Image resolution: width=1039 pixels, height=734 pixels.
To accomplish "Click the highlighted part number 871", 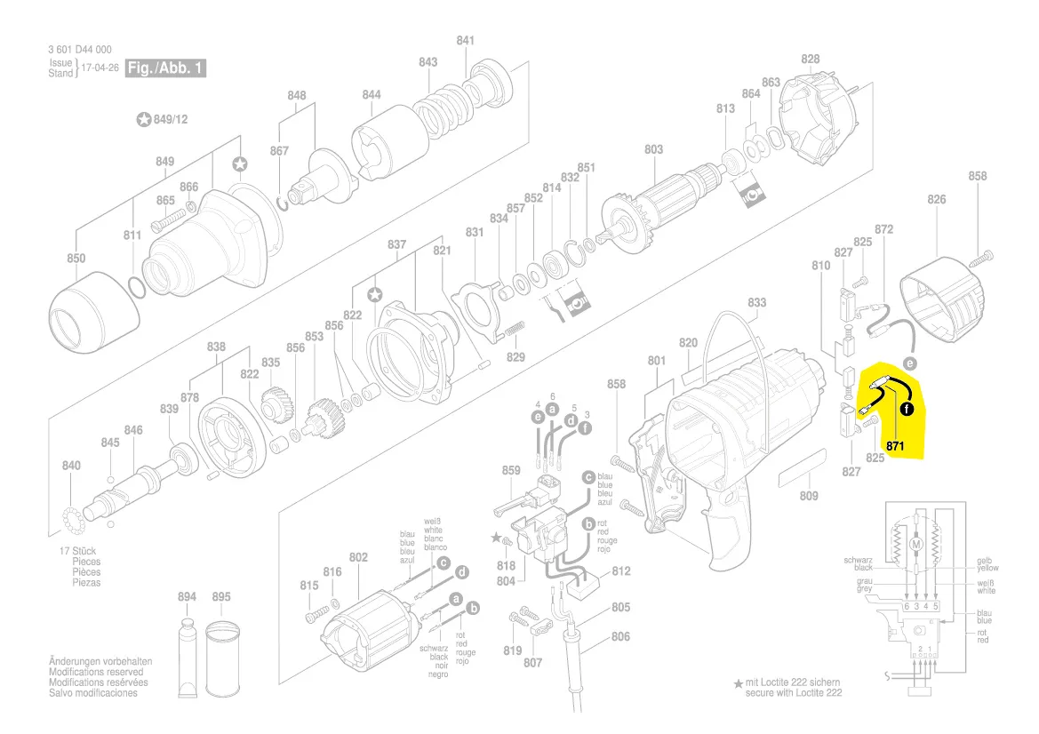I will click(894, 443).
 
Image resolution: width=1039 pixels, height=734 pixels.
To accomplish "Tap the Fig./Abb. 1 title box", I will click(166, 68).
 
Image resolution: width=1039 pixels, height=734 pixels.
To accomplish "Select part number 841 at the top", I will click(466, 40).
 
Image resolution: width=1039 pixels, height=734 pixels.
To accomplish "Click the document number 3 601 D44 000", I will click(80, 50).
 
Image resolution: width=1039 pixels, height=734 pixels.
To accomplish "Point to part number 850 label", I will click(76, 259).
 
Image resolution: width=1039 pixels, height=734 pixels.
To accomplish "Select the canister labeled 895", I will click(222, 658).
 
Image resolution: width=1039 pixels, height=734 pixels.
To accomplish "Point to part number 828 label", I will click(810, 60).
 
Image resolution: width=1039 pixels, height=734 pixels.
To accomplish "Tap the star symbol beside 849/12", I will click(144, 119).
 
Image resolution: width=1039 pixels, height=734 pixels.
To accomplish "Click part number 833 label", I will click(756, 303).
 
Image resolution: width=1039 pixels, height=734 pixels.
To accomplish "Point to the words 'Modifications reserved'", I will click(92, 672).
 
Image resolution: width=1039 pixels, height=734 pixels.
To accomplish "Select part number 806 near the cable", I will click(620, 636).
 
